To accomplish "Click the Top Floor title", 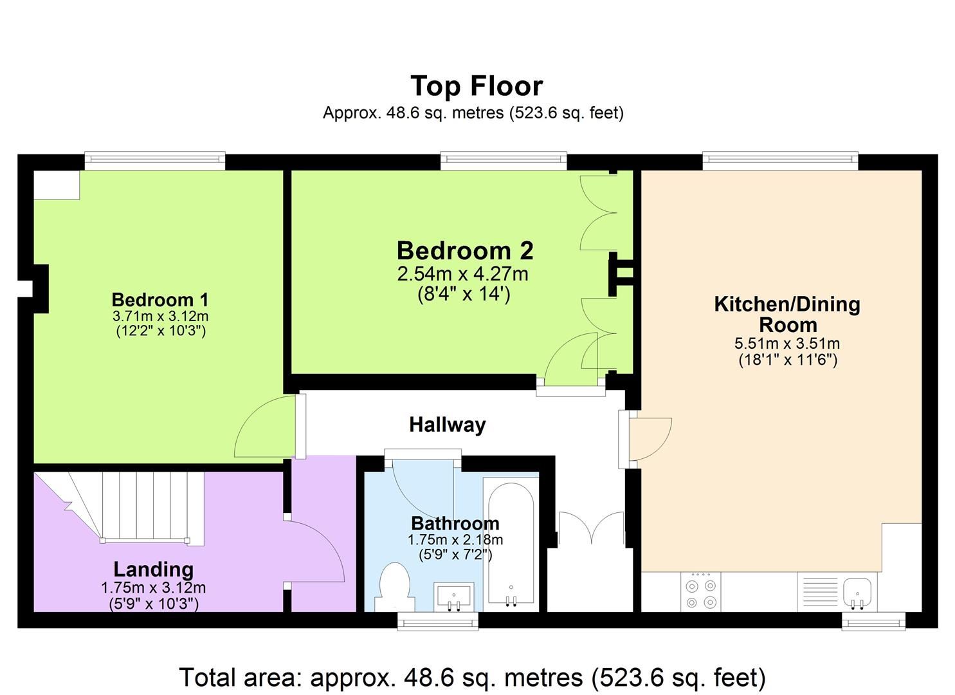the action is pos(477,87).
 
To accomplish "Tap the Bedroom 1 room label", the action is pos(160,300).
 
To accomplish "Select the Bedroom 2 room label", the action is pos(465,250).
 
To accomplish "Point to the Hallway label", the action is pos(447,425).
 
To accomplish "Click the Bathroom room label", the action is pos(455,523).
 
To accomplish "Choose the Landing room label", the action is pos(154,570).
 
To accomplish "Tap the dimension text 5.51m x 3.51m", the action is pos(787,343).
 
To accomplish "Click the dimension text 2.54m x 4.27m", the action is pos(462,274).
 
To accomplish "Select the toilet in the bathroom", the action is pos(395,587).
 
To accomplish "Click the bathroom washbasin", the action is pos(454,597).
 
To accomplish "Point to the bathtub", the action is pos(511,544).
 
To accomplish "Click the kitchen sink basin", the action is pos(857,592).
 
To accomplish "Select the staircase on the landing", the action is pos(128,508).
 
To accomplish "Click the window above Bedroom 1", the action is pos(155,161).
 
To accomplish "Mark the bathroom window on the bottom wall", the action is pos(438,621).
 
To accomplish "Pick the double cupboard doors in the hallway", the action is pos(592,529).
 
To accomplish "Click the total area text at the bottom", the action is pos(473,677).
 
